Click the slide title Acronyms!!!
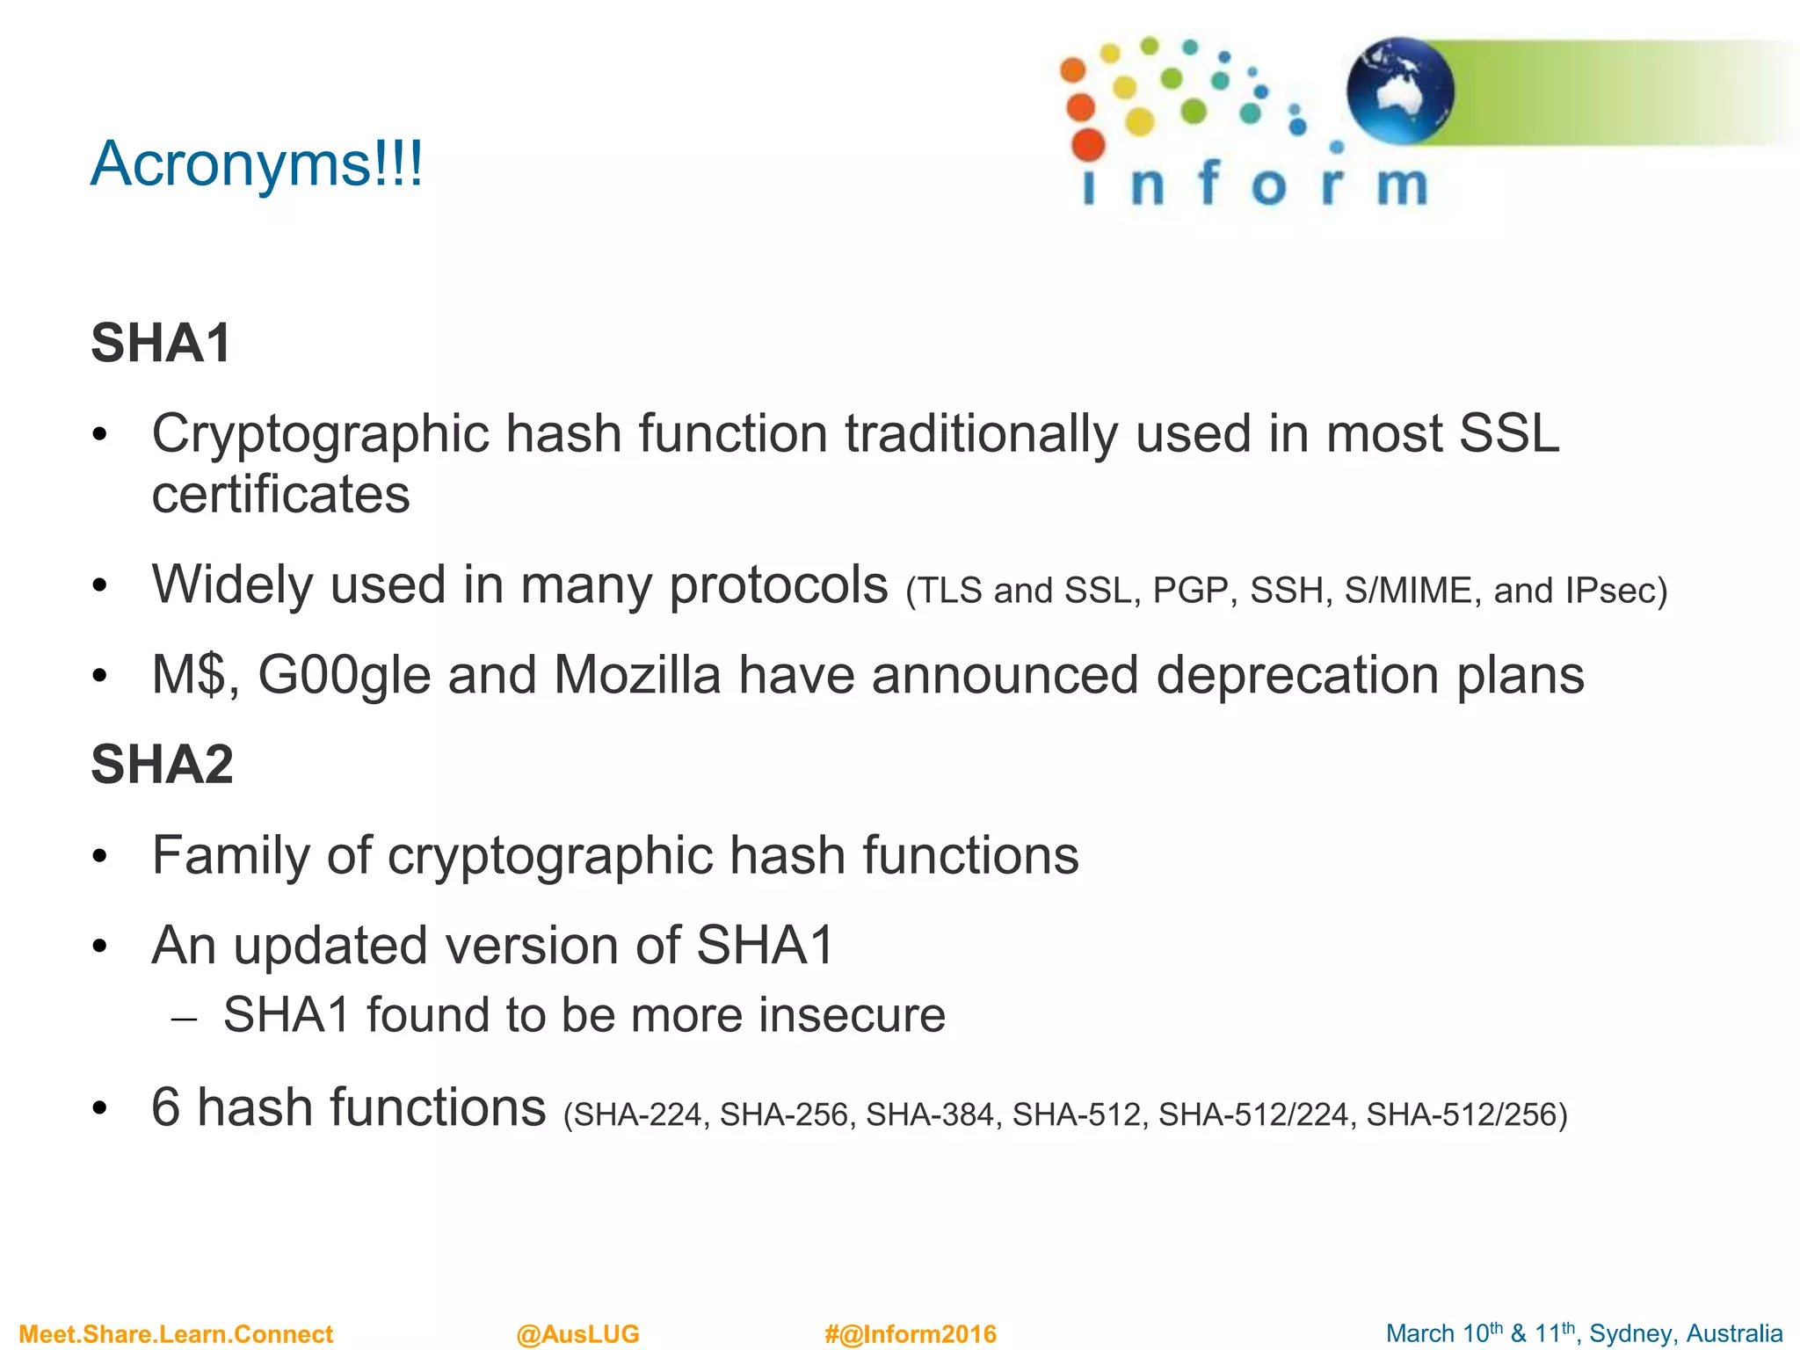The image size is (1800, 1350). [257, 164]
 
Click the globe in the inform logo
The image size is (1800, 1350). [1400, 91]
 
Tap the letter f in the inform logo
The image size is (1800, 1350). [1209, 183]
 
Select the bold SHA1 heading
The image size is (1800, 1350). [161, 343]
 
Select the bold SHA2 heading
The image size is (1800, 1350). [163, 764]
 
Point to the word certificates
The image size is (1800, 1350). [280, 494]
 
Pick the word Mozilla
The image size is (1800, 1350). [637, 675]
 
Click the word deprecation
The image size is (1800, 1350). [1297, 675]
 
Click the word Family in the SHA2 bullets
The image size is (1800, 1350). [231, 855]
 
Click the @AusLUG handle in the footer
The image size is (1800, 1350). [577, 1334]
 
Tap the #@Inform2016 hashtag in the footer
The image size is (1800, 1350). [910, 1334]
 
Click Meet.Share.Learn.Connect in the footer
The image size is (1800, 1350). [176, 1334]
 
